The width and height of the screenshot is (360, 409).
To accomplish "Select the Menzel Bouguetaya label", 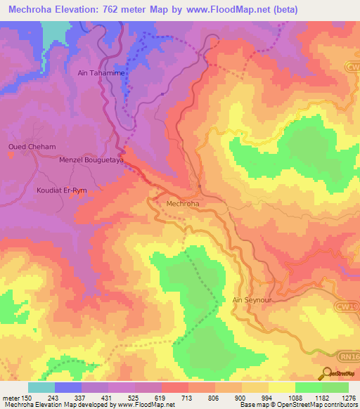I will coord(91,160).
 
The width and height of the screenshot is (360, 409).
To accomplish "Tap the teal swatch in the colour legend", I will coord(41,387).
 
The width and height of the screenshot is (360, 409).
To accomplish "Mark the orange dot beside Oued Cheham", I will coord(11,155).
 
